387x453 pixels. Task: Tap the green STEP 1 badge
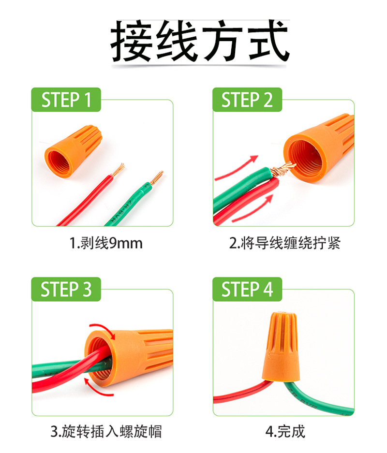pyautogui.click(x=66, y=100)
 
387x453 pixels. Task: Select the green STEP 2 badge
pyautogui.click(x=247, y=100)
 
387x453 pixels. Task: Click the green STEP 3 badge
pyautogui.click(x=66, y=289)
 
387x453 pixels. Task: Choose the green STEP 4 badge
pyautogui.click(x=247, y=289)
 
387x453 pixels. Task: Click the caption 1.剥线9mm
pyautogui.click(x=106, y=243)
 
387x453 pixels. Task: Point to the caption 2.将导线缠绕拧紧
pyautogui.click(x=284, y=243)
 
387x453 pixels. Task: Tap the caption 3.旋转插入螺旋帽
pyautogui.click(x=106, y=432)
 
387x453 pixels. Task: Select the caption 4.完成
pyautogui.click(x=285, y=432)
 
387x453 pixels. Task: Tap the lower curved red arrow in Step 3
pyautogui.click(x=95, y=389)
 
